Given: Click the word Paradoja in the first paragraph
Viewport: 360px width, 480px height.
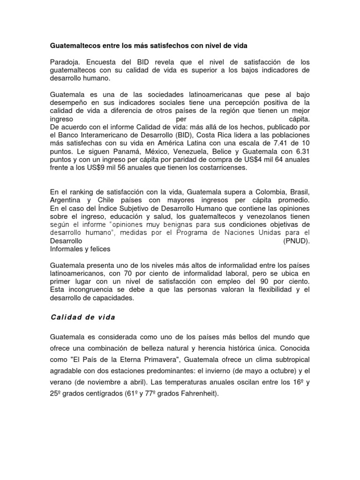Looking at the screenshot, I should (x=65, y=62).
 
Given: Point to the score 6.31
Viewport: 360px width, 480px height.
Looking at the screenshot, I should (x=301, y=152).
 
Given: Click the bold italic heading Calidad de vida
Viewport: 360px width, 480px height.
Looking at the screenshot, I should (x=82, y=317).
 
